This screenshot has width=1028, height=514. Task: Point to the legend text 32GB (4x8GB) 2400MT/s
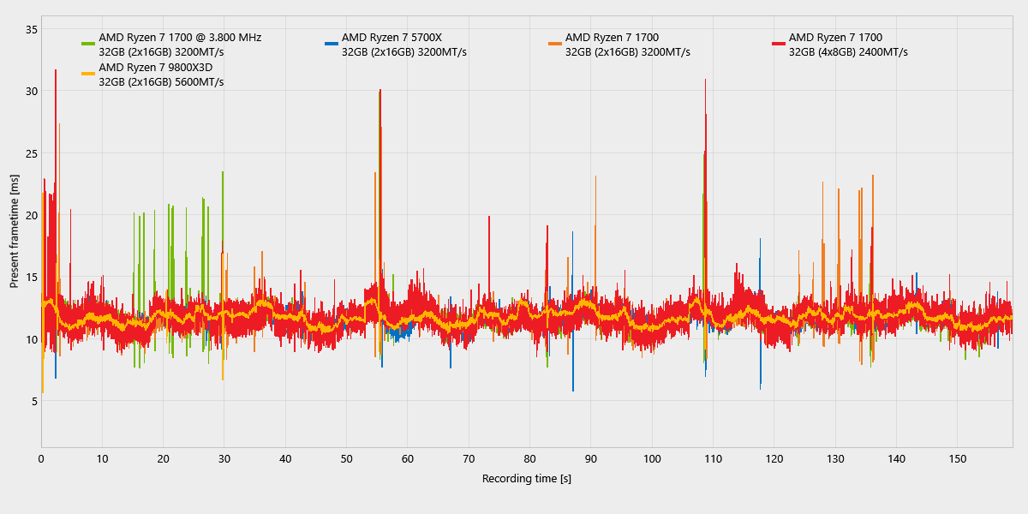click(x=848, y=52)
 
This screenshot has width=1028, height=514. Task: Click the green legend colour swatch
click(x=88, y=44)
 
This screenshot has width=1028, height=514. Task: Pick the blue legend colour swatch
click(x=332, y=44)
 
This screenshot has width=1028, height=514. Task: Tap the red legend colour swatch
click(x=779, y=44)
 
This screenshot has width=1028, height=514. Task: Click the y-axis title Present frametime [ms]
click(x=15, y=231)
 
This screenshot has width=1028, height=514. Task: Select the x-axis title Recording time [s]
click(x=526, y=479)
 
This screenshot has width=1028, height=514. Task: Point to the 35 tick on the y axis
click(x=32, y=29)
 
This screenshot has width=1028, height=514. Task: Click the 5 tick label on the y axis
click(x=35, y=401)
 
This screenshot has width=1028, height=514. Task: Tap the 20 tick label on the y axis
click(x=32, y=215)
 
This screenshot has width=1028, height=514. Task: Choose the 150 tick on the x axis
click(x=958, y=459)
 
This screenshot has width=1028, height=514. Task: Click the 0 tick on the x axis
click(x=41, y=459)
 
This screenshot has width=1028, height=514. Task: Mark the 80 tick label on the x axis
click(x=529, y=459)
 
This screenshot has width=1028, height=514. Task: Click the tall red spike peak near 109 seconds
click(x=705, y=80)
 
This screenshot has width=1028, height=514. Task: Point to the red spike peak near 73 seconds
click(x=489, y=217)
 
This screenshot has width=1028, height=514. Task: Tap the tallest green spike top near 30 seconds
click(x=223, y=172)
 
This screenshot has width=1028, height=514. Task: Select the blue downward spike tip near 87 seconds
click(x=573, y=391)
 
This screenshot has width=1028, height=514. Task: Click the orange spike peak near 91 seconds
click(x=595, y=176)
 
